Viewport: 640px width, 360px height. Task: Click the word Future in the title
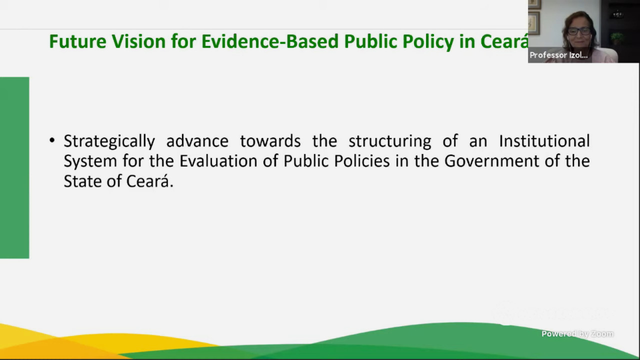[x=77, y=41]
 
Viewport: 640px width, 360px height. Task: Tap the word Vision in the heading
[x=139, y=41]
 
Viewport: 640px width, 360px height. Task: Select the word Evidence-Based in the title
[x=270, y=41]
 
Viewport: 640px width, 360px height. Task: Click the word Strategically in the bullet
[x=109, y=141]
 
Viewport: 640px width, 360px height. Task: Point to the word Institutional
[x=544, y=141]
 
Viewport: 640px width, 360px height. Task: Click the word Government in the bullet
[x=491, y=161]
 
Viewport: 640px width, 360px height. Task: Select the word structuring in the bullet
[x=389, y=141]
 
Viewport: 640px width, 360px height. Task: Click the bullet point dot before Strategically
[x=51, y=140]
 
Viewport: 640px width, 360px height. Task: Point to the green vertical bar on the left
[x=14, y=167]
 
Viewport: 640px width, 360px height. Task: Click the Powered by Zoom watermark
[x=577, y=333]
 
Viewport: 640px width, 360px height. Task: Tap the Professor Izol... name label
[x=558, y=55]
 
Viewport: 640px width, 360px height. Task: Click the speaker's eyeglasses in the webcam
[x=579, y=31]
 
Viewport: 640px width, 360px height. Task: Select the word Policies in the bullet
[x=362, y=161]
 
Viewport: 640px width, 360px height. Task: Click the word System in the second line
[x=90, y=161]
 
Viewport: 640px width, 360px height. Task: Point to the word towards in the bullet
[x=270, y=141]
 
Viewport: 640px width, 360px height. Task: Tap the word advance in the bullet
[x=197, y=141]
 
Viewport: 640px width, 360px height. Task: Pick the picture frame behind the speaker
[x=533, y=23]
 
